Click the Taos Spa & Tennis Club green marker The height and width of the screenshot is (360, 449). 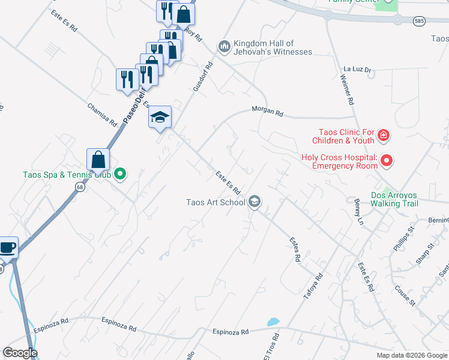click(x=120, y=175)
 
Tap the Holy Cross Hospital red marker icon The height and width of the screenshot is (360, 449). click(x=387, y=160)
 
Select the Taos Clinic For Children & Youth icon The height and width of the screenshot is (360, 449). click(x=383, y=137)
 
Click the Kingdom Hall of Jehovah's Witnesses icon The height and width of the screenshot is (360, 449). click(x=224, y=46)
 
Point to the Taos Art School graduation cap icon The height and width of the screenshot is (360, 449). click(x=255, y=202)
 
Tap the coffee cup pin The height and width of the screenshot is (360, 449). click(x=8, y=247)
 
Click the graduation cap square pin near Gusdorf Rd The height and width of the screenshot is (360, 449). click(x=160, y=116)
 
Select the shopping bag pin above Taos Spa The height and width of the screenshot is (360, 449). click(x=98, y=160)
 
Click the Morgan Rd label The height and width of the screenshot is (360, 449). click(x=267, y=111)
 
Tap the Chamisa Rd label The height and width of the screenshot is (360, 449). click(x=102, y=114)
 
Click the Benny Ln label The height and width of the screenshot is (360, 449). click(x=359, y=211)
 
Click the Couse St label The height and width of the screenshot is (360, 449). click(x=405, y=295)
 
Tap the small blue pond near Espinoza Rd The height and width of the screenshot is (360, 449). click(x=273, y=322)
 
